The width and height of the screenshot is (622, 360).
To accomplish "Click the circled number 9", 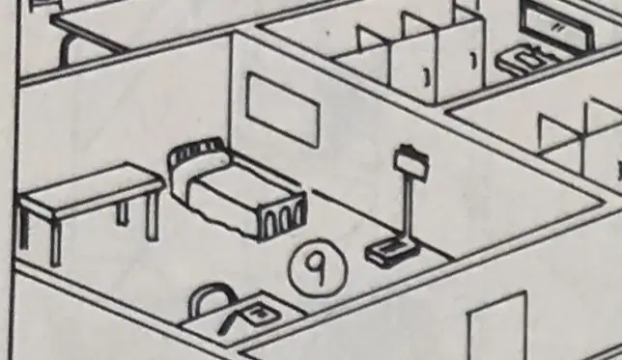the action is (x=319, y=267).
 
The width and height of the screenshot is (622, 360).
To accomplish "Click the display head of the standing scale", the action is (x=411, y=162).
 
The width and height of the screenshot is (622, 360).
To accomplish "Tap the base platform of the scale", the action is (x=393, y=252).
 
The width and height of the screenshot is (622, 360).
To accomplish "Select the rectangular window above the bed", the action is (x=282, y=108).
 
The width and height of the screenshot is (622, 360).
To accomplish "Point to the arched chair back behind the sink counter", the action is (x=211, y=298).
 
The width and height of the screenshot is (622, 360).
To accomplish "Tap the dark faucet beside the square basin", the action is (x=229, y=318).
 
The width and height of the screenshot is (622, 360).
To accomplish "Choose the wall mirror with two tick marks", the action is (x=556, y=24).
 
